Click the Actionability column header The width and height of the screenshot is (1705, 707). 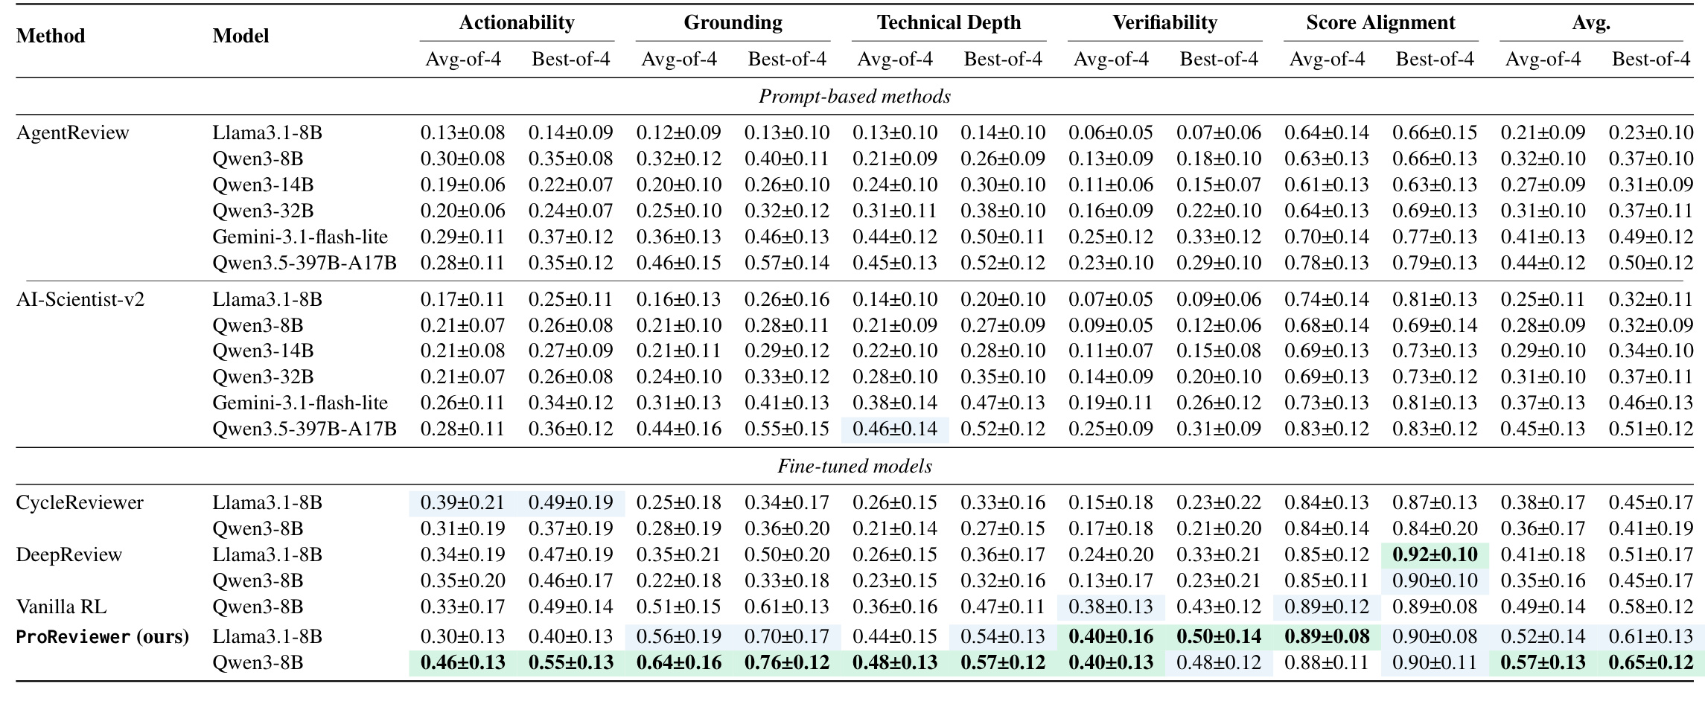click(x=517, y=22)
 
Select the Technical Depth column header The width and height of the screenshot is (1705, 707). click(x=949, y=22)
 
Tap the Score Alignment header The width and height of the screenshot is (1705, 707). click(x=1380, y=22)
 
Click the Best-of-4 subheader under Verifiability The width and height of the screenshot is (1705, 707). click(x=1219, y=59)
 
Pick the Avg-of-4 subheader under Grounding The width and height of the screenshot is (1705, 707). click(x=679, y=59)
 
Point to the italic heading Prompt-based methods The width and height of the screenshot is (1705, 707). click(x=855, y=96)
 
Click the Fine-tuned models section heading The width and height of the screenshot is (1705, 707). click(x=855, y=466)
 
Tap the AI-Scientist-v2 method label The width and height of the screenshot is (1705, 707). click(x=80, y=299)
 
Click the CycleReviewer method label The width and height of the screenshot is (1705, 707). click(x=80, y=502)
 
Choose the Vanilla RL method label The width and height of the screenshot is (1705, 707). click(x=61, y=607)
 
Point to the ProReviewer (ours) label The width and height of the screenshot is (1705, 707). click(x=103, y=637)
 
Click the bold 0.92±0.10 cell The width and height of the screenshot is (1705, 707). click(x=1435, y=554)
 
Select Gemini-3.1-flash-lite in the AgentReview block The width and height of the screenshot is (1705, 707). click(x=300, y=237)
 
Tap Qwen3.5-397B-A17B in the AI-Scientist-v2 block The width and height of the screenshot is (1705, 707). click(x=305, y=429)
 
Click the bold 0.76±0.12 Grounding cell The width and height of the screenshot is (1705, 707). click(x=787, y=662)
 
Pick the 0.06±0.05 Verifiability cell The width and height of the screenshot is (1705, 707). click(x=1111, y=132)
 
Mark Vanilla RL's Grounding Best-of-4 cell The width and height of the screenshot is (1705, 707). click(x=787, y=607)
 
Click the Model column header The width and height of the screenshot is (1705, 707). click(x=240, y=36)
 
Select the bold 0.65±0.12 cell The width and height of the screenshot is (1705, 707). click(x=1651, y=662)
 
